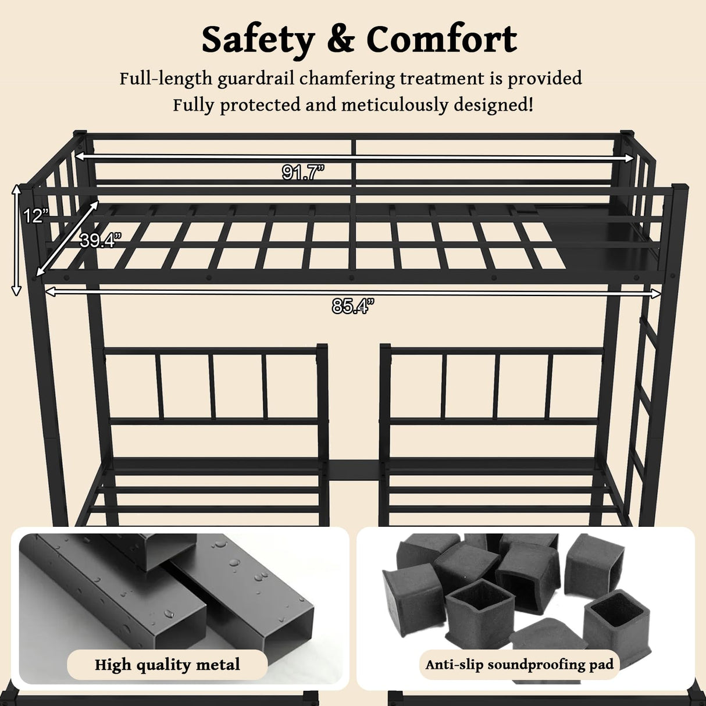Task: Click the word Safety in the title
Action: (257, 40)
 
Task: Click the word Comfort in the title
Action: (441, 40)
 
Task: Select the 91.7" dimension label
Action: (302, 172)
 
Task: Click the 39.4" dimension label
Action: (100, 240)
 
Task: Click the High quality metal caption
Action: (167, 665)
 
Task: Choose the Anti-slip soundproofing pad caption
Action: (519, 664)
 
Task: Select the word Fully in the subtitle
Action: (194, 105)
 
